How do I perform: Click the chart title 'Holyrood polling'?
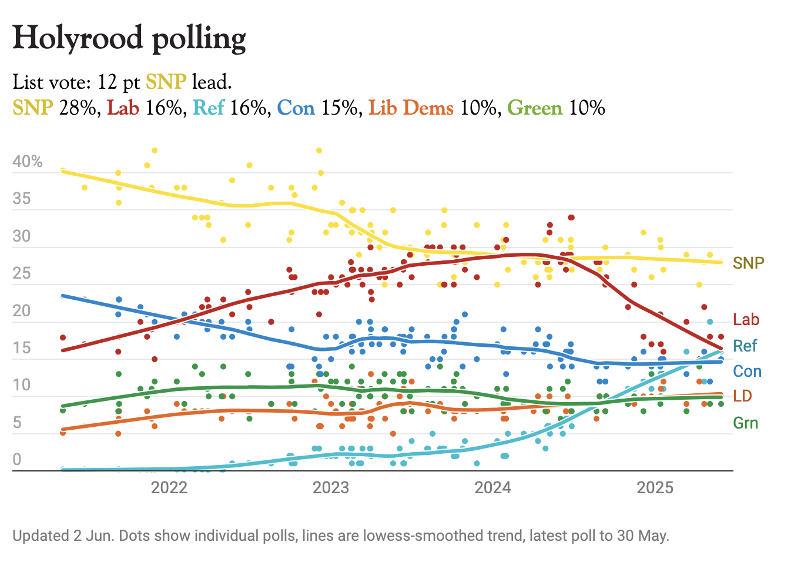129,38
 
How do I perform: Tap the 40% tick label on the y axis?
28,162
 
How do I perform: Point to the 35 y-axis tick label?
22,199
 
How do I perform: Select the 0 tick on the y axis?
17,460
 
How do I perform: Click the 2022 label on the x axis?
169,487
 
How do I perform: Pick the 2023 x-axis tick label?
331,487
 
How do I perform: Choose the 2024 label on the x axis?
493,487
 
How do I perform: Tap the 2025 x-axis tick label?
655,487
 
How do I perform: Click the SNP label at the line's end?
748,263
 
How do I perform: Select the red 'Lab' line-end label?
746,320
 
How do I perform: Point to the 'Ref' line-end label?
745,346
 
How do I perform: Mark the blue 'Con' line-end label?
747,372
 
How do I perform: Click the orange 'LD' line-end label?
743,396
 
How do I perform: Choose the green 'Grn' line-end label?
746,423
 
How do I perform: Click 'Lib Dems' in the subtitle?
411,108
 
